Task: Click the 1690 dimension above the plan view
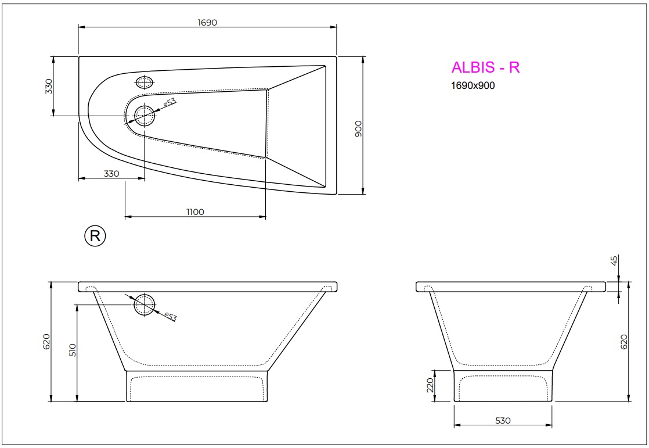click(207, 22)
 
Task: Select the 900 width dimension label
click(358, 128)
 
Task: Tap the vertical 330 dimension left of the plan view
click(49, 86)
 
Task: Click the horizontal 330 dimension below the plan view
click(111, 173)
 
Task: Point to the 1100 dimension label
click(195, 212)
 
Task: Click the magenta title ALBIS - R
click(485, 67)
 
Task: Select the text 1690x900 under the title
click(473, 85)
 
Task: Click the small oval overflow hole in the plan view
click(145, 82)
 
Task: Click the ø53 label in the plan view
click(169, 103)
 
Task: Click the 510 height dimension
click(73, 350)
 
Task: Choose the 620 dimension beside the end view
click(625, 341)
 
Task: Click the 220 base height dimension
click(430, 385)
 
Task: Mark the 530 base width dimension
click(503, 421)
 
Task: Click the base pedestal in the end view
click(503, 386)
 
